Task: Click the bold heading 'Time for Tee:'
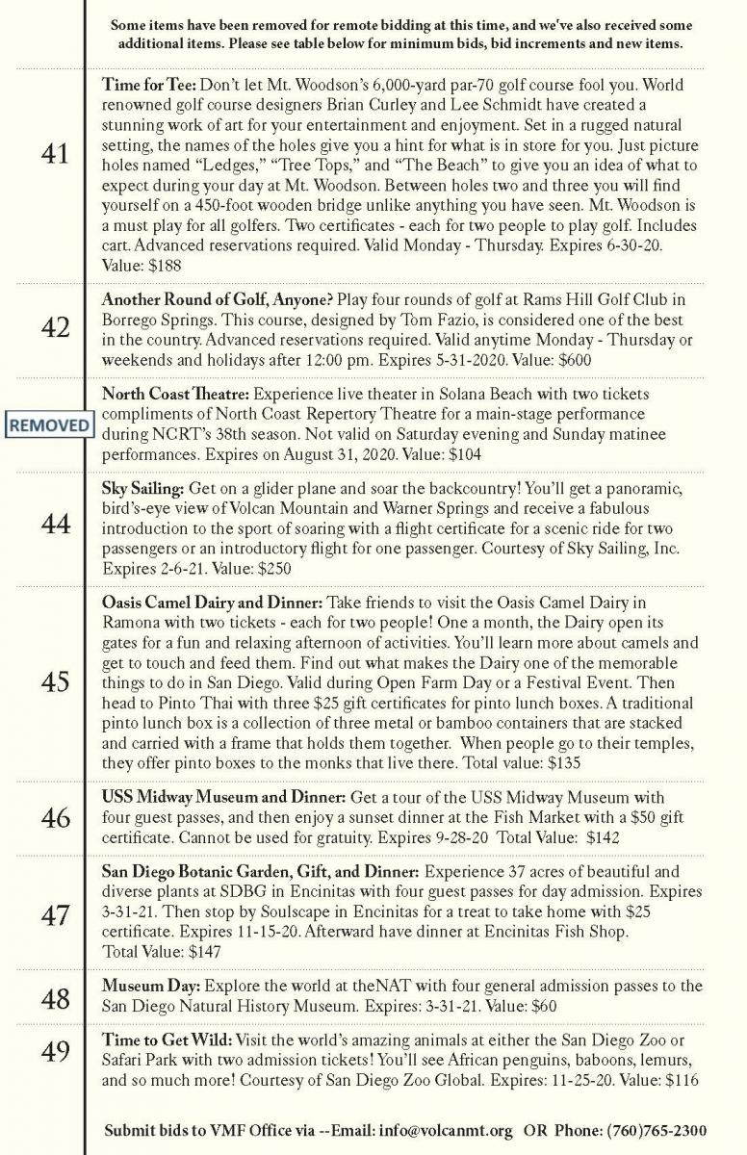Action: (x=148, y=85)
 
